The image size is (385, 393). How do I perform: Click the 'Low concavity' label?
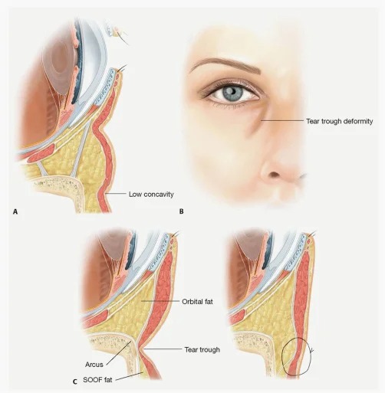click(x=151, y=195)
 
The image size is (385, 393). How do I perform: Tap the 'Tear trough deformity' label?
click(x=340, y=121)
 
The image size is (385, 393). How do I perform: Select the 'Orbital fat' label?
click(x=197, y=302)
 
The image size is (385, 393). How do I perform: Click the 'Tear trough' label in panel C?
click(x=202, y=349)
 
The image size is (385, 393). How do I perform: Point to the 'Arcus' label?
click(x=94, y=365)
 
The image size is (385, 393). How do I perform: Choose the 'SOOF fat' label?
click(x=97, y=380)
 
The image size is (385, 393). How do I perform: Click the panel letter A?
click(x=15, y=211)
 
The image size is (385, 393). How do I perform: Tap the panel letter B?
click(x=181, y=211)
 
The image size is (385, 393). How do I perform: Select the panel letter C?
click(x=75, y=382)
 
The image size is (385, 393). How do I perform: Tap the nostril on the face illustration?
click(x=275, y=175)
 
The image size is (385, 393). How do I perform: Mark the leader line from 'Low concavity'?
click(x=116, y=194)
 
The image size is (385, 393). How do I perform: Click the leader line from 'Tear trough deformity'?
click(x=282, y=120)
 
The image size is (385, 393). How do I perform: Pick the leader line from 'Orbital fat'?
click(x=160, y=301)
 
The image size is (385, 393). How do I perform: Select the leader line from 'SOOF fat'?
click(x=129, y=376)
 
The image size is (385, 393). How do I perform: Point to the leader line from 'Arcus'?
click(x=119, y=353)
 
